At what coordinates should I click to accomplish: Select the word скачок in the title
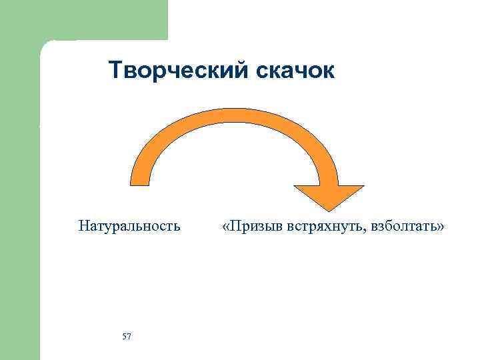point(294,71)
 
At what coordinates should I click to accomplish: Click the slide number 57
point(127,336)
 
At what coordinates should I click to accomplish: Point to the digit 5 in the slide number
point(125,336)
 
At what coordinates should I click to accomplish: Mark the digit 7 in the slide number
point(129,336)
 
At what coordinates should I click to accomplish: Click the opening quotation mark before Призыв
point(227,227)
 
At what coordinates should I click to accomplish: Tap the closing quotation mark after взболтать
point(441,227)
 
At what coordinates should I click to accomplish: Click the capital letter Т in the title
point(115,71)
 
